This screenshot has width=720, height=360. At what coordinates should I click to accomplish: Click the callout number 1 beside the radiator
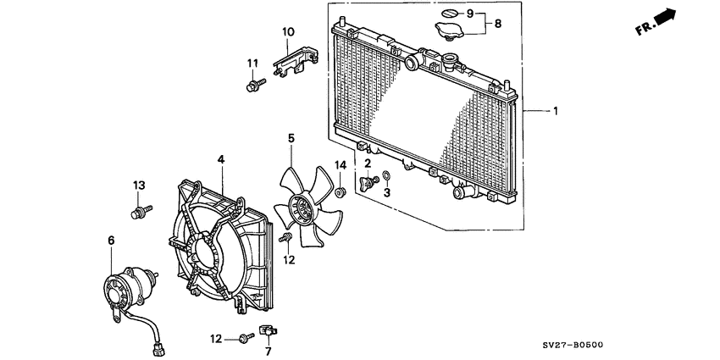coord(556,111)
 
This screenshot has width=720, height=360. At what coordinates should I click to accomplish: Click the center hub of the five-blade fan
coord(298,210)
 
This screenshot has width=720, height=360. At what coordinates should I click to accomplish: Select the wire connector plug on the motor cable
coord(155,347)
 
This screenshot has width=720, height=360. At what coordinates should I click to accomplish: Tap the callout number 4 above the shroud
coord(220,158)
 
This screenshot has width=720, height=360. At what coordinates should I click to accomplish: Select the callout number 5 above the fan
coord(291,137)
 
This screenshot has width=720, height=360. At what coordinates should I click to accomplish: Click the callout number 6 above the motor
coord(111,241)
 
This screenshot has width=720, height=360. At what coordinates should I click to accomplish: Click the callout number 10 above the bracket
coord(288,32)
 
